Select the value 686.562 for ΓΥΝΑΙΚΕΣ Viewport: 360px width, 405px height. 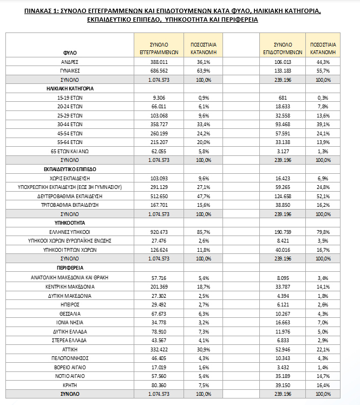(159, 70)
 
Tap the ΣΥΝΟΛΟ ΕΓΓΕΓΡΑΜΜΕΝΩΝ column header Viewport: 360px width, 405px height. (159, 48)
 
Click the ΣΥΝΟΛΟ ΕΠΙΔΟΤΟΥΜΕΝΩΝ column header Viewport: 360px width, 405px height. (283, 48)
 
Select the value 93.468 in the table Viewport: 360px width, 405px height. (283, 123)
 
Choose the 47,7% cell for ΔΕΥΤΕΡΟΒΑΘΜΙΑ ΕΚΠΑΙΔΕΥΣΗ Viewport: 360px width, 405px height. (203, 196)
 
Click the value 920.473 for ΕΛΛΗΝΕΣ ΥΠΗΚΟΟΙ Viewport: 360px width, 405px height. (159, 232)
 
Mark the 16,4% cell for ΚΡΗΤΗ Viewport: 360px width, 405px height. (323, 384)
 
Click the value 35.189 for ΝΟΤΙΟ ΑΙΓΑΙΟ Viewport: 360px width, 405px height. (283, 376)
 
